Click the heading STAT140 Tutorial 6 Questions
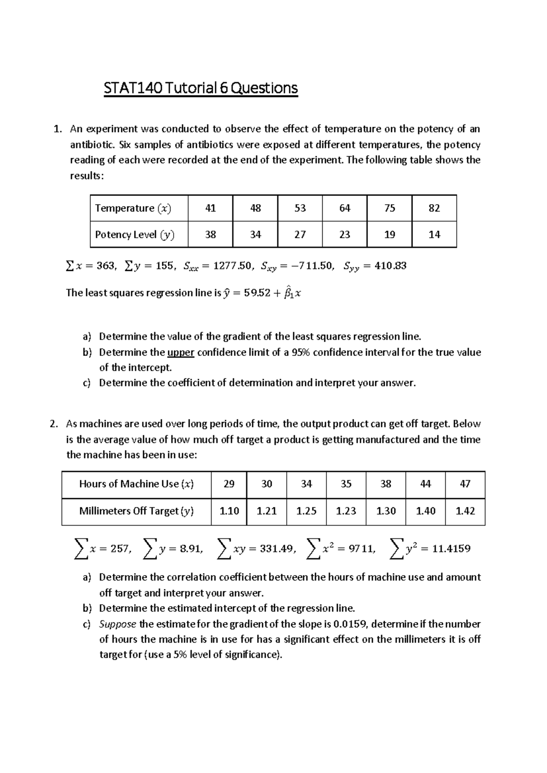(x=201, y=88)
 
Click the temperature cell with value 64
(x=345, y=208)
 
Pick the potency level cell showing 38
(x=210, y=235)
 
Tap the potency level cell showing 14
(x=434, y=235)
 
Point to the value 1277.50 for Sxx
(x=225, y=266)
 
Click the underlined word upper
(x=181, y=352)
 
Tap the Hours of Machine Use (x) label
(x=136, y=484)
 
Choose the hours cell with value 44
(x=425, y=484)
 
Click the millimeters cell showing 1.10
(x=229, y=511)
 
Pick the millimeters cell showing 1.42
(x=465, y=511)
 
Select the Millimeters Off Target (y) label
(x=136, y=511)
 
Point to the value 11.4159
(x=451, y=549)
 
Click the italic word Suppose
(x=118, y=624)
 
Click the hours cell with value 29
(x=229, y=484)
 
